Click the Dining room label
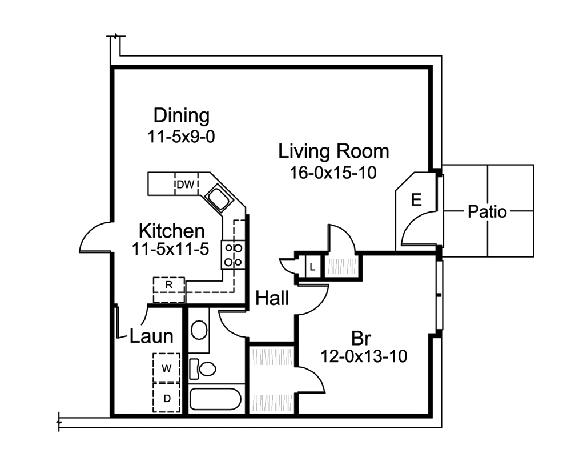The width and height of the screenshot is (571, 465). click(x=182, y=116)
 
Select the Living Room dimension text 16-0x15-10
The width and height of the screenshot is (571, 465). click(x=334, y=173)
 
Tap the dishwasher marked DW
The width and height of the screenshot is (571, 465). click(x=186, y=184)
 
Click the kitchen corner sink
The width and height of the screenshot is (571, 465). click(x=218, y=199)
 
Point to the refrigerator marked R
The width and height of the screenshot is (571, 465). click(x=169, y=284)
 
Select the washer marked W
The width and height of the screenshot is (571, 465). click(x=166, y=368)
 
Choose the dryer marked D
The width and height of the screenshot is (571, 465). click(x=166, y=399)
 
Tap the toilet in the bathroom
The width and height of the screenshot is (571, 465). click(x=203, y=367)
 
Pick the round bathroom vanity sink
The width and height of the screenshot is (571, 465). click(x=199, y=330)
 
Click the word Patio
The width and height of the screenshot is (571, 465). click(x=487, y=212)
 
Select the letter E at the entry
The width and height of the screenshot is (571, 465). click(x=416, y=200)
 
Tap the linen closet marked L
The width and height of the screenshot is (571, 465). click(x=312, y=266)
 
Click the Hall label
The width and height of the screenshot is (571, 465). click(x=272, y=298)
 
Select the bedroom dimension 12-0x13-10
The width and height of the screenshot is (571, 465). click(x=363, y=357)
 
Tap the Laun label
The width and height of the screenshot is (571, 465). click(x=151, y=336)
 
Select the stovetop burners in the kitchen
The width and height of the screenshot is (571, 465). click(x=232, y=255)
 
